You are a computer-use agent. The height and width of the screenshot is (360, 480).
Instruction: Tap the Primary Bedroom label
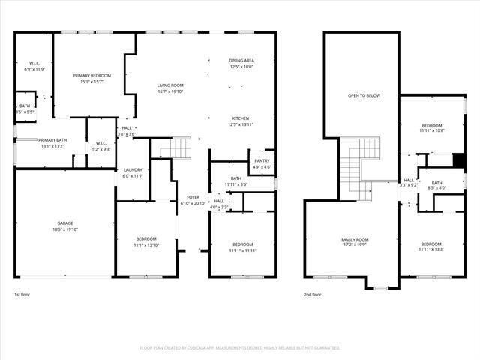[91, 76]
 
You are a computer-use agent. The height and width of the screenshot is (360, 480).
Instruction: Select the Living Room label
[170, 85]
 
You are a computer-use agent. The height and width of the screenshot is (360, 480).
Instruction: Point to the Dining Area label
[241, 60]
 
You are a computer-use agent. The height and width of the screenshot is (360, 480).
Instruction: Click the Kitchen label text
[241, 118]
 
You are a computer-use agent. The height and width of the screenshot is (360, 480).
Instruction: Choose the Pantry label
[262, 160]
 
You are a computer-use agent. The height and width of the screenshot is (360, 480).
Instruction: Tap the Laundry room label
[132, 170]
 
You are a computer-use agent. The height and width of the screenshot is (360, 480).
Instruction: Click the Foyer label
[193, 197]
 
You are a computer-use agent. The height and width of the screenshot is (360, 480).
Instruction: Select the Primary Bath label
[52, 140]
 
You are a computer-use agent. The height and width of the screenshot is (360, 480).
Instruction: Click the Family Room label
[355, 239]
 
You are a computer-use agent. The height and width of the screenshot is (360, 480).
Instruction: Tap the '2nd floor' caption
[312, 295]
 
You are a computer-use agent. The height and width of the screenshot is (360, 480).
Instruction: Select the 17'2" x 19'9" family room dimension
[355, 245]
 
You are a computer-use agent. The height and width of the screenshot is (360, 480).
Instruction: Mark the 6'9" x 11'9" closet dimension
[34, 69]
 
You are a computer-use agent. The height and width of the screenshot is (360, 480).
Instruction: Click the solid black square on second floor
[459, 160]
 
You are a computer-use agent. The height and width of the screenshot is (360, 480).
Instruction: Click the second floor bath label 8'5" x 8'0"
[436, 188]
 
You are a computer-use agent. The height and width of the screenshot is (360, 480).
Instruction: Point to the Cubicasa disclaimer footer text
[240, 348]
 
